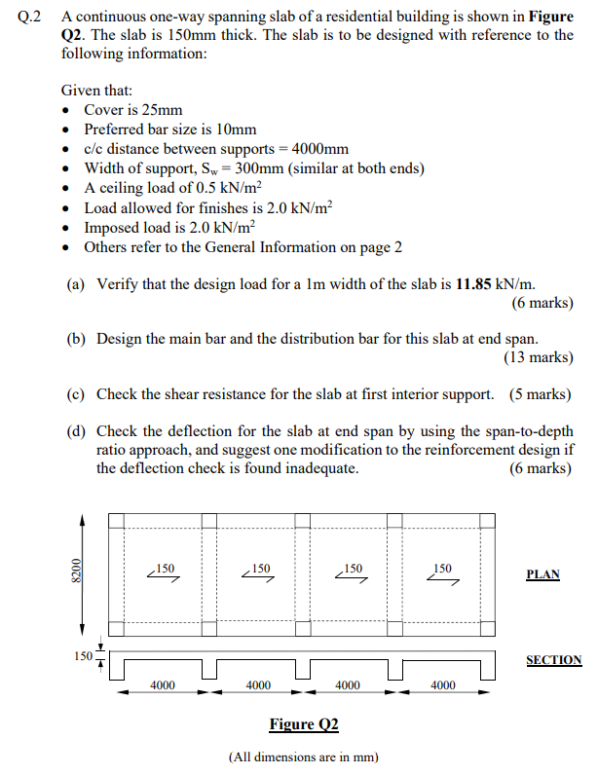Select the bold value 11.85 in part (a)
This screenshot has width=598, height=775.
pos(474,284)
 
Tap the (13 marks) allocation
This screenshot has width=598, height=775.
pos(538,357)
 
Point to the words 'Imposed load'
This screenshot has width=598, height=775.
pos(128,227)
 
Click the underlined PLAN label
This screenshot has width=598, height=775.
pos(542,574)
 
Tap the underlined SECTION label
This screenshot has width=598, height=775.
pos(553,660)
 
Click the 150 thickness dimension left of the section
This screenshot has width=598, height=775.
pos(83,656)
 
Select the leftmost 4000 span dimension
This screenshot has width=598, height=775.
pos(163,685)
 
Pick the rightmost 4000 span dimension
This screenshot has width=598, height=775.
pos(442,685)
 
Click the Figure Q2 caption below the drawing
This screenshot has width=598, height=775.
pos(303,723)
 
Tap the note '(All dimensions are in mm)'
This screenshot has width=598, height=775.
pos(303,757)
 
